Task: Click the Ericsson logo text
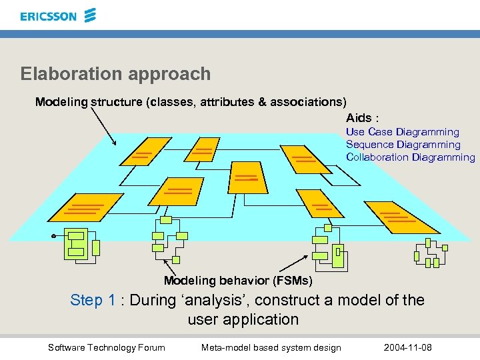coord(48,17)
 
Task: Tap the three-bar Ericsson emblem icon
coord(89,15)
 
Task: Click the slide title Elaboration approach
coord(115,74)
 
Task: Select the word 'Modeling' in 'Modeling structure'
coord(61,102)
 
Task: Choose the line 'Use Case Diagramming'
coord(402,132)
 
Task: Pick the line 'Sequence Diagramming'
coord(403,145)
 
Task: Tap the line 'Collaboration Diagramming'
coord(410,157)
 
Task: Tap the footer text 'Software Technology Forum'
coord(107,347)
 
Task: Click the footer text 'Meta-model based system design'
coord(271,347)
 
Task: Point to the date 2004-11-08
coord(408,347)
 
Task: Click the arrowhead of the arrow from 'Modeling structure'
coord(114,143)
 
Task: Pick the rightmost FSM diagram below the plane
coord(429,253)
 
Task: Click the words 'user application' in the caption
coord(243,319)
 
